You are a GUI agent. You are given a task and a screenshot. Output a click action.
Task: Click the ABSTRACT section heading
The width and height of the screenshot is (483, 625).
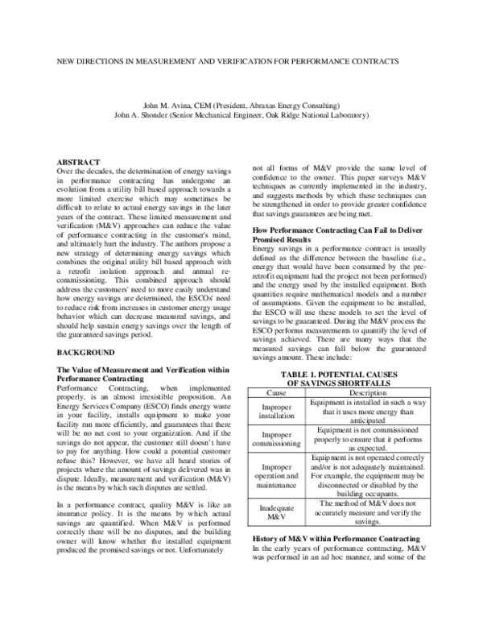(x=79, y=163)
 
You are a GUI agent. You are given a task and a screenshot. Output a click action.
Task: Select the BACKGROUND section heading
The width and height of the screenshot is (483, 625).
(x=87, y=354)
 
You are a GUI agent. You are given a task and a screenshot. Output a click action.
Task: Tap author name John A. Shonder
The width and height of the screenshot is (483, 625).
(x=142, y=115)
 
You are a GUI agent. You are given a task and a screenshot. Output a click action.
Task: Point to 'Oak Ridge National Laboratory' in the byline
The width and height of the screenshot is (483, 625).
(x=316, y=115)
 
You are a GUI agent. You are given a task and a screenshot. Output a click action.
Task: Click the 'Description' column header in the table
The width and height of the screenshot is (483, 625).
(x=361, y=392)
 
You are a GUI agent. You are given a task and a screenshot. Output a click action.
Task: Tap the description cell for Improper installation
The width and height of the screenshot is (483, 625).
(x=361, y=412)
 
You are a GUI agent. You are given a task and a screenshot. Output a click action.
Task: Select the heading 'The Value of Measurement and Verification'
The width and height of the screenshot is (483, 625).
(x=133, y=369)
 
